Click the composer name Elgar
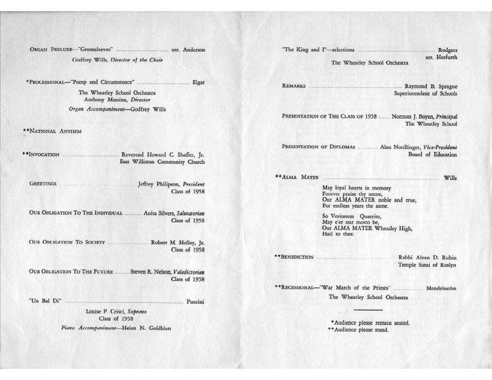coord(198,82)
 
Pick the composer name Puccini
coord(196,301)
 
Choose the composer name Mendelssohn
coord(441,287)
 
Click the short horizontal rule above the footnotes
coord(368,310)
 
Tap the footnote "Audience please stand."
coord(361,330)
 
